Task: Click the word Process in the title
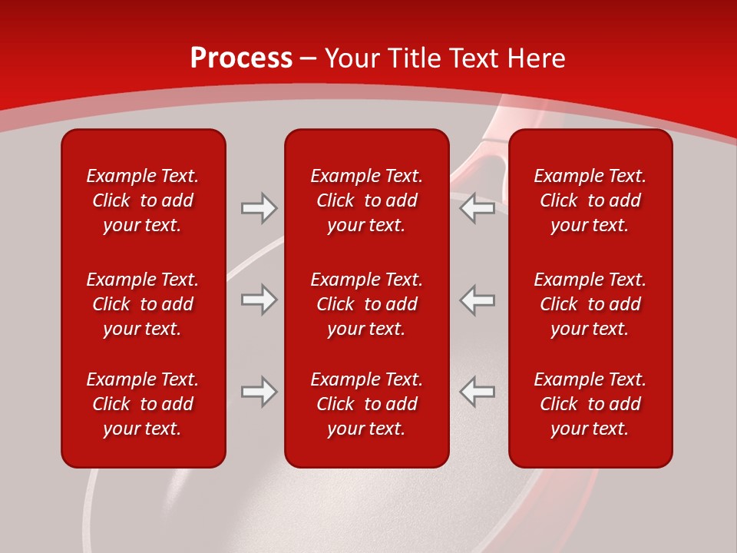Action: (x=241, y=58)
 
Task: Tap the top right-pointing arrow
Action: (x=259, y=208)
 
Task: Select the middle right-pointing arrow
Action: (x=259, y=300)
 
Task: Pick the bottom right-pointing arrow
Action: (x=259, y=391)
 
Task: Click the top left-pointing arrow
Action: (x=477, y=208)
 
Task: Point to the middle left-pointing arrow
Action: (x=477, y=300)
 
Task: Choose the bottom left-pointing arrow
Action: (x=477, y=391)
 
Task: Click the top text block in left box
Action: (x=143, y=200)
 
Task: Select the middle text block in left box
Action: (x=143, y=304)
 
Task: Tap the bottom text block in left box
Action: (x=143, y=404)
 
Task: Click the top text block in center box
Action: (x=366, y=200)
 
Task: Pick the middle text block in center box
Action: (x=366, y=304)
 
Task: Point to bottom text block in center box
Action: (x=366, y=404)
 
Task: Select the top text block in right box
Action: (x=590, y=200)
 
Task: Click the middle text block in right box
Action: (x=590, y=304)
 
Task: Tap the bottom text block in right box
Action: (x=590, y=404)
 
